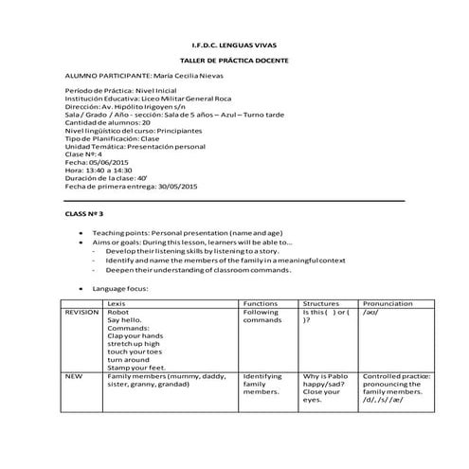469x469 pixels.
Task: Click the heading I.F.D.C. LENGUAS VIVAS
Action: (234, 45)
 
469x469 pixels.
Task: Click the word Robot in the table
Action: (118, 312)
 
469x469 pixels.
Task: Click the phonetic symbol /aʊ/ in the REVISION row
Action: (371, 312)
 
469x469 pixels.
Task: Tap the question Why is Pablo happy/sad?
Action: (328, 383)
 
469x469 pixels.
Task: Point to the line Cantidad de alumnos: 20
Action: (107, 122)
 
